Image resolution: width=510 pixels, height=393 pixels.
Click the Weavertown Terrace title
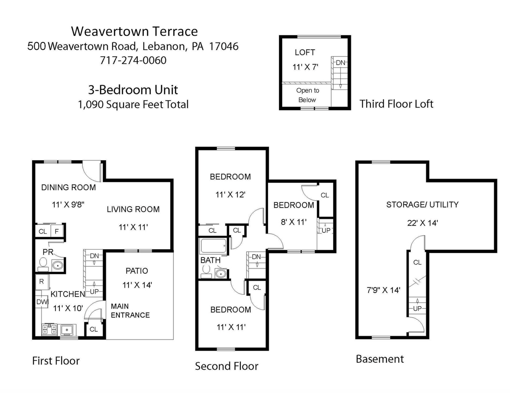pos(134,31)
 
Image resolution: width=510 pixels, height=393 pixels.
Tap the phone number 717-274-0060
pos(133,60)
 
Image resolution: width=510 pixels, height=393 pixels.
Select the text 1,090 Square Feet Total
pos(133,105)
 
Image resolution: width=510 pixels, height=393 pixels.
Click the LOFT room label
pos(305,52)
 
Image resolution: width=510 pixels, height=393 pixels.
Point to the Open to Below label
pos(307,95)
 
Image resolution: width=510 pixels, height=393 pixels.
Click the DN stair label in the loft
pos(340,63)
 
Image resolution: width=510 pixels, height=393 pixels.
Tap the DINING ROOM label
pos(68,187)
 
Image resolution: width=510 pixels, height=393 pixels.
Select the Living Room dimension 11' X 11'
pos(133,227)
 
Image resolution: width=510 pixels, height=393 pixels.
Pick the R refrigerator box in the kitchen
pos(42,281)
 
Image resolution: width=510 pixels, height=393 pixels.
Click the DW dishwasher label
pos(42,302)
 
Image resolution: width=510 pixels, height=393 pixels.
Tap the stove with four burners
pos(49,329)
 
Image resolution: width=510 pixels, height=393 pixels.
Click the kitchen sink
pos(67,330)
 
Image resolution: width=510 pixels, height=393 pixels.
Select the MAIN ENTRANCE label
pos(130,311)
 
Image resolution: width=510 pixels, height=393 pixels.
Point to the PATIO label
pos(137,271)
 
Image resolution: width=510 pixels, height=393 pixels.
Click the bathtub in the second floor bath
pos(213,246)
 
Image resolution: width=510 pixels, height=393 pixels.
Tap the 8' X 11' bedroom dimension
pos(294,222)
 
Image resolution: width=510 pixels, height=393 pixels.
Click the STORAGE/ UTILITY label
pos(422,205)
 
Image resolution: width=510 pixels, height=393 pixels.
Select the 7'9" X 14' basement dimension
pos(383,290)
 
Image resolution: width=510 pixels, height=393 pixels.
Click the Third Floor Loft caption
pos(396,104)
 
